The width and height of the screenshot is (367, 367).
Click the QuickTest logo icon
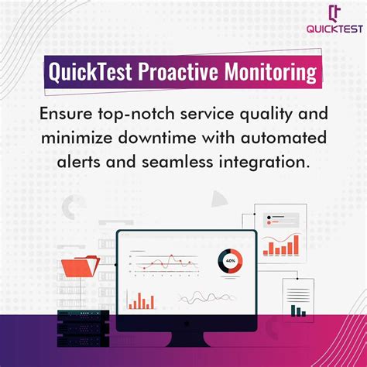point(334,13)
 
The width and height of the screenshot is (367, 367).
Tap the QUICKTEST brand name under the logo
point(334,32)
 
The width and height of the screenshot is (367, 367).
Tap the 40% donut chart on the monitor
point(230,261)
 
